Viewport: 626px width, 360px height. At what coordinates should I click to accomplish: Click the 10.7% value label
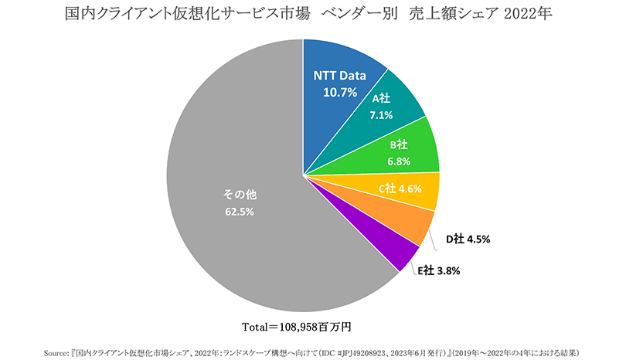click(x=339, y=92)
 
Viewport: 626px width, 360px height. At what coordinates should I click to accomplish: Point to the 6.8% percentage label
click(x=399, y=161)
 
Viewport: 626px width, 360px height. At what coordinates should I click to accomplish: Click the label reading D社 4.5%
click(x=468, y=239)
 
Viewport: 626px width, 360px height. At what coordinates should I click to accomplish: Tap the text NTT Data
click(x=339, y=76)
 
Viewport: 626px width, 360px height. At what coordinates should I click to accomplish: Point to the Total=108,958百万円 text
click(x=298, y=324)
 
